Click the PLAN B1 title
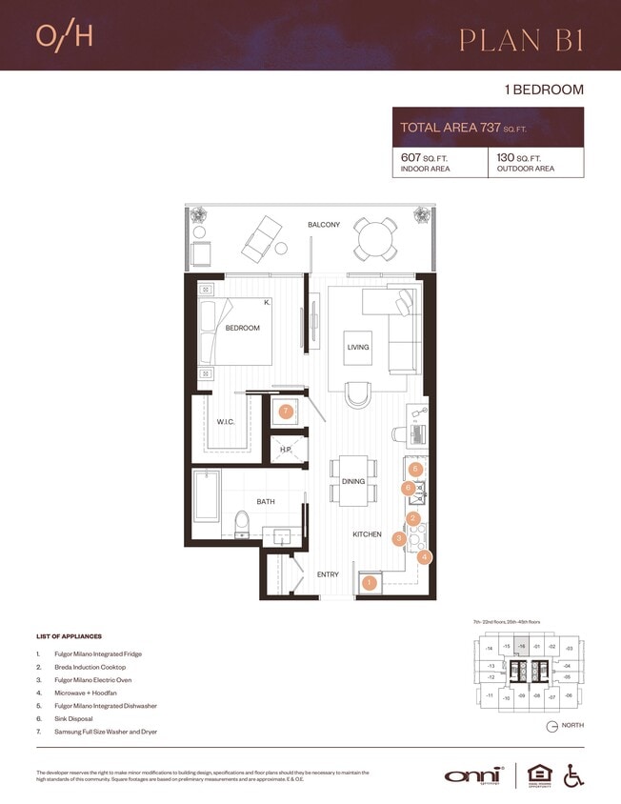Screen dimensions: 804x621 pos(521,39)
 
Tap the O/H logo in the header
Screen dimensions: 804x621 pos(64,35)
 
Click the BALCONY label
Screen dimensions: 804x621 pos(324,225)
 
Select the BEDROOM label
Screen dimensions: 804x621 pos(242,329)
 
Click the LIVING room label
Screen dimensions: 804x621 pos(357,348)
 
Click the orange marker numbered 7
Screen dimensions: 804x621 pos(285,412)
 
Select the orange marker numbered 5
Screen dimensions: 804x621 pos(415,469)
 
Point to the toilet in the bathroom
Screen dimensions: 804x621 pos(241,523)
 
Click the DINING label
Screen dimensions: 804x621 pos(353,482)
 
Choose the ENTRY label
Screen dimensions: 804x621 pos(328,574)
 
